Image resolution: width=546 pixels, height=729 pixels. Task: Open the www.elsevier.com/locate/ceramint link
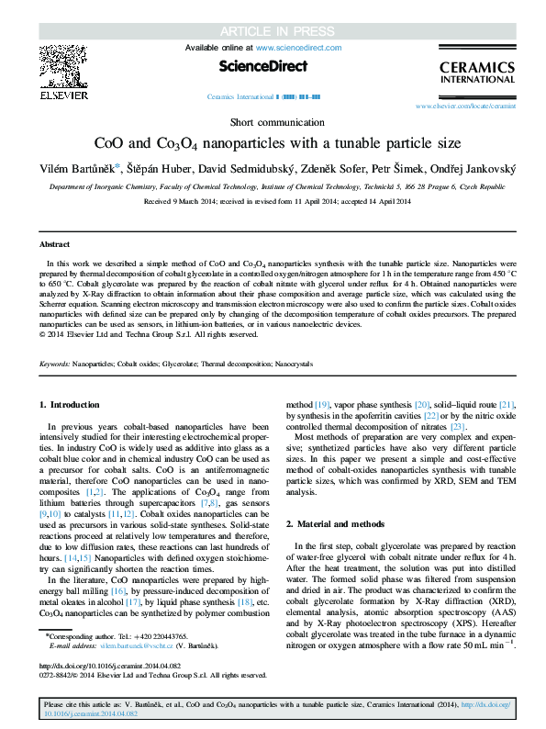pos(465,107)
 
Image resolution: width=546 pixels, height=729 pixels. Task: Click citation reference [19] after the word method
pos(322,430)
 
